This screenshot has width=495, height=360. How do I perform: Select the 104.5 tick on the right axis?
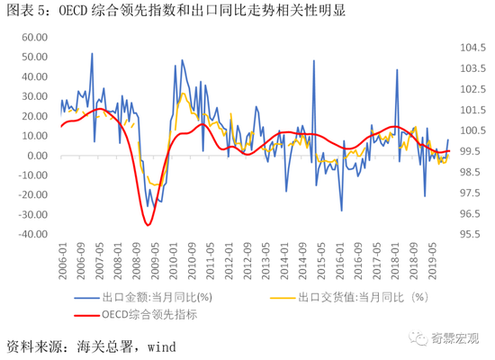point(474,48)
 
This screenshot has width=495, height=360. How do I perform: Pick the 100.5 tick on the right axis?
point(474,130)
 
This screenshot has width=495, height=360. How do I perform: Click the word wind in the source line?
point(157,346)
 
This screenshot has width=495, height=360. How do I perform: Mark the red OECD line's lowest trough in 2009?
point(148,223)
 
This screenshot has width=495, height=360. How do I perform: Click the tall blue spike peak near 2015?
point(314,60)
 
